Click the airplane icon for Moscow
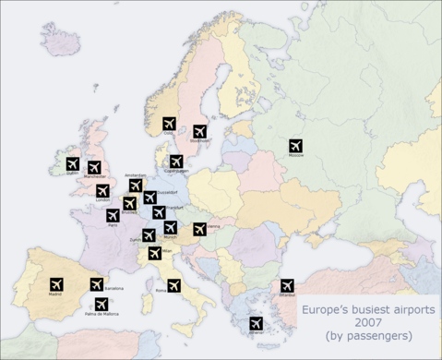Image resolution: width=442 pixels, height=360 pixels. [x=295, y=146]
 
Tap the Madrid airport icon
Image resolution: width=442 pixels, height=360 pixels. [x=54, y=283]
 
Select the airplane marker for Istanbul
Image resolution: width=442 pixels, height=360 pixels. [x=287, y=285]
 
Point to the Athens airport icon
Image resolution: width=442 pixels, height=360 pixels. [x=256, y=323]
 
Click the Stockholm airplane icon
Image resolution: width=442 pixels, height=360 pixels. [x=199, y=131]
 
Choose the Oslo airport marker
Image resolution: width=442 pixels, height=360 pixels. [x=169, y=123]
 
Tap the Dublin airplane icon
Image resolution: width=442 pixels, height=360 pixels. [x=72, y=163]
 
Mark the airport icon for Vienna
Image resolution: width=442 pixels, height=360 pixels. [x=199, y=229]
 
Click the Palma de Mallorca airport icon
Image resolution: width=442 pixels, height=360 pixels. [x=101, y=304]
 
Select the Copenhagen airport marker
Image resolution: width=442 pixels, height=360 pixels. [x=176, y=162]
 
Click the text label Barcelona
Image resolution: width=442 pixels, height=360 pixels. [x=113, y=289]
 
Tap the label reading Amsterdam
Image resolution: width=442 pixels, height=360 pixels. [x=136, y=175]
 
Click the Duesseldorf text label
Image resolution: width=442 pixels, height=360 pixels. [x=167, y=192]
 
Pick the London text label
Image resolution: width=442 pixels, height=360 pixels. [x=102, y=200]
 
